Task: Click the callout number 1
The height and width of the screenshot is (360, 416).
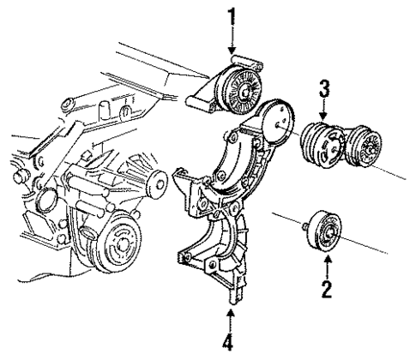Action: point(232,16)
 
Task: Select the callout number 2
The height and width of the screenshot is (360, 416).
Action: point(326,288)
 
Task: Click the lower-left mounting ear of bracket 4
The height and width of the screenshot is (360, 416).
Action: point(183,255)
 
